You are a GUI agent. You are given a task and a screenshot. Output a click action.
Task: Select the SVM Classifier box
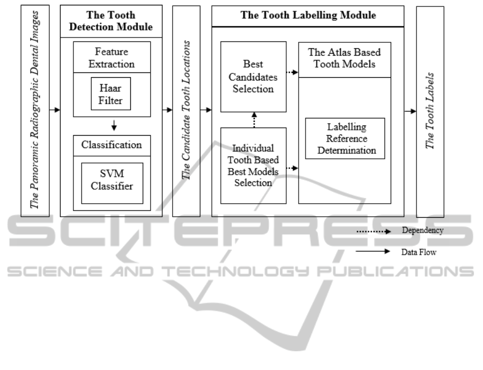112,182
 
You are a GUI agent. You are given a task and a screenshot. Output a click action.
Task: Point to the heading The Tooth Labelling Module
308,15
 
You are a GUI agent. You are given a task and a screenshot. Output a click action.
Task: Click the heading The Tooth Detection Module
111,21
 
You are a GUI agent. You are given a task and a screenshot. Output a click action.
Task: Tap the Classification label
112,145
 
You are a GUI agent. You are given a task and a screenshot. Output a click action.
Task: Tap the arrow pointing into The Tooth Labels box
410,111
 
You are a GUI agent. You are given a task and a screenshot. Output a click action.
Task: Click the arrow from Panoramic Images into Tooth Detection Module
54,111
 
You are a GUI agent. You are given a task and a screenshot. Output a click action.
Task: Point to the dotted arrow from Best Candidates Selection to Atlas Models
292,72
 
